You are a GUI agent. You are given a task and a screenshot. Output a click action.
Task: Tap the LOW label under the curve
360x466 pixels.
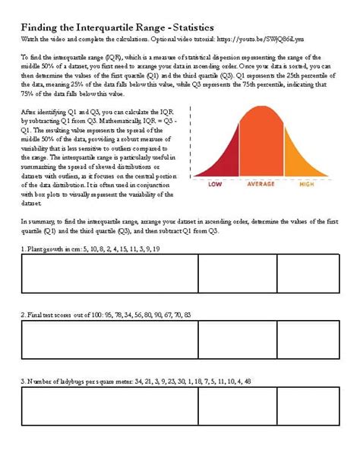pyautogui.click(x=216, y=183)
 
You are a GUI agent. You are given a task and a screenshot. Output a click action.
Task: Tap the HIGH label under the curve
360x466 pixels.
pyautogui.click(x=307, y=183)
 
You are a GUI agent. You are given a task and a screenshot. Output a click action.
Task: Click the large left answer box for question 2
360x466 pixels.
pyautogui.click(x=110, y=339)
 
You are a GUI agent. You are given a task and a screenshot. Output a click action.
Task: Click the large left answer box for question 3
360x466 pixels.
pyautogui.click(x=110, y=405)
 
